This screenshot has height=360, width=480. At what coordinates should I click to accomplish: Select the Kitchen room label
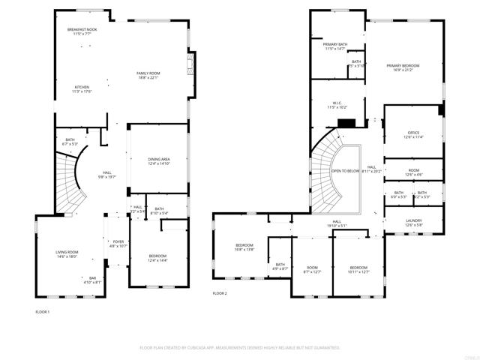[82, 89]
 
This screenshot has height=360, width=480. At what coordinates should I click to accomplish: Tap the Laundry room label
[414, 223]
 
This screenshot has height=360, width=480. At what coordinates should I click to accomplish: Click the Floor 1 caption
[43, 311]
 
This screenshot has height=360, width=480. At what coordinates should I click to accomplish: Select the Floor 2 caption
[220, 293]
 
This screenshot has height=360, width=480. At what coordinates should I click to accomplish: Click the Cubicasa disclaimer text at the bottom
[240, 348]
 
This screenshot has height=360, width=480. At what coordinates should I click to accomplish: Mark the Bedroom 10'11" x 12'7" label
[358, 269]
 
